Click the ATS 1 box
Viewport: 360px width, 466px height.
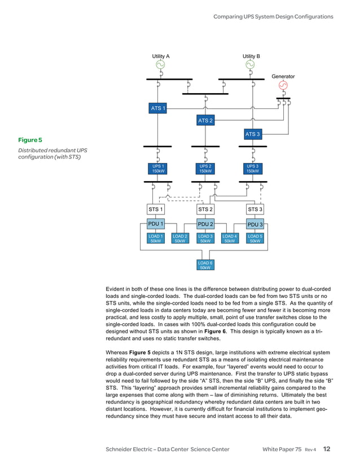pos(157,108)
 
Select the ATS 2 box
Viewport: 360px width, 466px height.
pos(205,120)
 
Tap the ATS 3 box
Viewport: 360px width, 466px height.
pos(252,134)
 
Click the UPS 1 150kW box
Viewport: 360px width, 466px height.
pos(158,169)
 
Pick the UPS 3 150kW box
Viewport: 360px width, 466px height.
pos(253,169)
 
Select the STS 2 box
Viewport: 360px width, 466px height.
pos(205,209)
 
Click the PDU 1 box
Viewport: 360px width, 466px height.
pos(156,224)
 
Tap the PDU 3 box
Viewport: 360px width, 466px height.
pos(255,225)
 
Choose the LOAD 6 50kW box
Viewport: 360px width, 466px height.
pos(205,265)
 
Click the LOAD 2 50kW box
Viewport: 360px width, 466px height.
pos(180,239)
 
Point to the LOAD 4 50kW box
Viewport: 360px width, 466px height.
pos(230,239)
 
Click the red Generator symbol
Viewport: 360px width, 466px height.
pos(283,85)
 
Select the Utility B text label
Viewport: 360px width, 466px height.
pos(251,56)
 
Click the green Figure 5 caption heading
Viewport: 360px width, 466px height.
pos(30,139)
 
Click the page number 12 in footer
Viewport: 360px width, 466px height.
pos(327,449)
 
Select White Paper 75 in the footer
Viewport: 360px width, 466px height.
pos(282,450)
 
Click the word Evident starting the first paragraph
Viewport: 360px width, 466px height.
pos(117,289)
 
